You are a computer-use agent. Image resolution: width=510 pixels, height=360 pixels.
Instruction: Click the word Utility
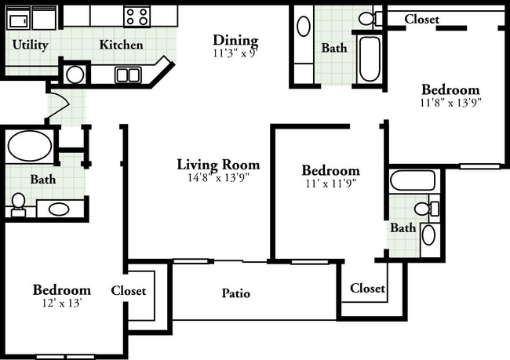click(x=31, y=45)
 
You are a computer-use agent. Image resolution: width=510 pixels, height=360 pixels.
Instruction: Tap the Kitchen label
click(x=121, y=45)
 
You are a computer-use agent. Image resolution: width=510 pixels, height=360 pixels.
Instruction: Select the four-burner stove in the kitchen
click(x=137, y=16)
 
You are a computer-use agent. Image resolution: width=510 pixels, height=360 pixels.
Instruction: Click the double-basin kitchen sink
click(x=128, y=75)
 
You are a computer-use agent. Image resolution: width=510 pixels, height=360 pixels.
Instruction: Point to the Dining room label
click(x=235, y=40)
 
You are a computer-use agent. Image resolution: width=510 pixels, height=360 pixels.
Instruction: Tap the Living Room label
click(x=218, y=164)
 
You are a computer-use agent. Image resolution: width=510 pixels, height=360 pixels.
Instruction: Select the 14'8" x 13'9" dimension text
click(x=218, y=177)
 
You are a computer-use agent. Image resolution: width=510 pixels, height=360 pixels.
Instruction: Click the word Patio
click(x=236, y=293)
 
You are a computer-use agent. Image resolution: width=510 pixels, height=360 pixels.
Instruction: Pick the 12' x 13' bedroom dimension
click(x=61, y=303)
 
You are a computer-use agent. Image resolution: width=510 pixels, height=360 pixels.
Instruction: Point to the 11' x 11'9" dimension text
click(x=331, y=184)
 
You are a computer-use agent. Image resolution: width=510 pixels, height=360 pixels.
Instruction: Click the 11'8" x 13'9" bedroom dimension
click(x=450, y=103)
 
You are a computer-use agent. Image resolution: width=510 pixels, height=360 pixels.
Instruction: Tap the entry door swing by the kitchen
click(x=59, y=105)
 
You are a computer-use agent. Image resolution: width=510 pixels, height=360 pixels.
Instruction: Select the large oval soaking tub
click(x=30, y=146)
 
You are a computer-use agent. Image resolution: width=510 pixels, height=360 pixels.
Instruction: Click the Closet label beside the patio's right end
click(x=367, y=288)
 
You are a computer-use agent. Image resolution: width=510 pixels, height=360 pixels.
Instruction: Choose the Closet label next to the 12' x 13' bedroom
click(x=129, y=290)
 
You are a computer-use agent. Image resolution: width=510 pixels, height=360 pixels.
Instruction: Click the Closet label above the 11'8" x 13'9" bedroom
click(x=422, y=19)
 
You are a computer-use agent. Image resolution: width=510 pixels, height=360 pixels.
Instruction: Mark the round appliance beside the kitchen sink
click(x=75, y=75)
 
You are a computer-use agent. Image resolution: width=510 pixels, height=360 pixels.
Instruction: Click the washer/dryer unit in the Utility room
click(x=31, y=19)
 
